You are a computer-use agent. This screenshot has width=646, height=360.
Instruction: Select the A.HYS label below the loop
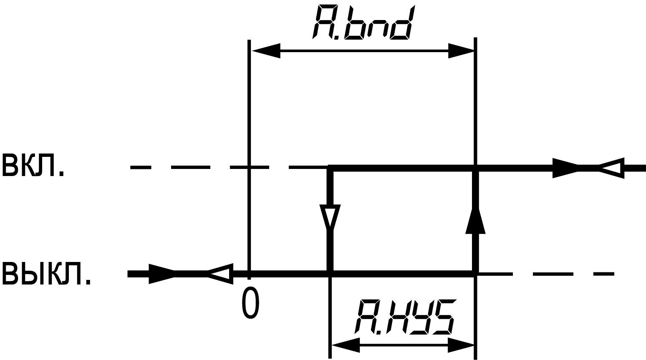404,317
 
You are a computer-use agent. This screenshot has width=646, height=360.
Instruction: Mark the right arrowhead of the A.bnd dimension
461,50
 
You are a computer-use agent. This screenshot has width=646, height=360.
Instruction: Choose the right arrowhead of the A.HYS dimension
461,345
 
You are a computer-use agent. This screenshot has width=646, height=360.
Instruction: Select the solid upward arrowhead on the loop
475,221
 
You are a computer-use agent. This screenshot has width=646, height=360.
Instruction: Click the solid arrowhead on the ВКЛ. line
565,168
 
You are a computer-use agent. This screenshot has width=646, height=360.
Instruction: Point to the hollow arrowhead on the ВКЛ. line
612,168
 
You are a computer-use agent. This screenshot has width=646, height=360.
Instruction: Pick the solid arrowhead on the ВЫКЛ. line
161,274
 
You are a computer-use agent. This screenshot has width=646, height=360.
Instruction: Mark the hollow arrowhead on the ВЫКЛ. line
220,274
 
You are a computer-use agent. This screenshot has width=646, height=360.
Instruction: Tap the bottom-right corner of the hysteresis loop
475,274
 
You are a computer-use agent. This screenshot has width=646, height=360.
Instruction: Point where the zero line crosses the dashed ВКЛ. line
249,167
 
